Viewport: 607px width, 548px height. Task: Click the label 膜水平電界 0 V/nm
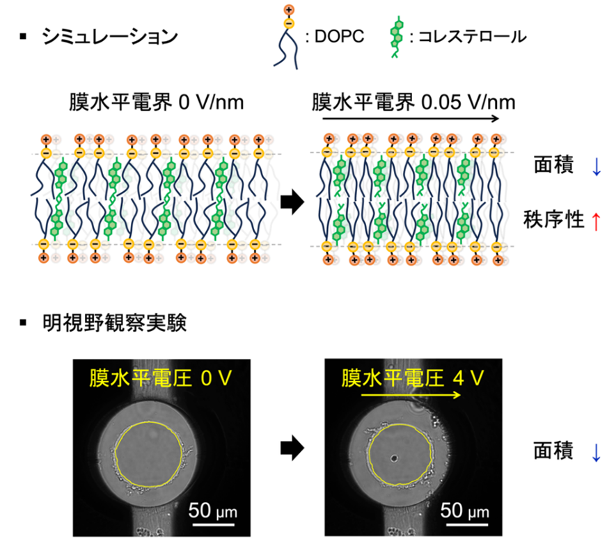[x=147, y=103]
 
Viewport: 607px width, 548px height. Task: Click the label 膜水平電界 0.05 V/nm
[x=413, y=103]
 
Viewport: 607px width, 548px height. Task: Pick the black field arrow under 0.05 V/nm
[x=410, y=119]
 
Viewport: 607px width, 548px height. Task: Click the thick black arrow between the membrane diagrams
[x=290, y=202]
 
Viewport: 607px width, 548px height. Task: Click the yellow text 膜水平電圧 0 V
[x=159, y=379]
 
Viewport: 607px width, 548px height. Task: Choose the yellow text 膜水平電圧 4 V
[x=411, y=379]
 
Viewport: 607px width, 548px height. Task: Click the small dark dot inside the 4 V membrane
[x=394, y=459]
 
